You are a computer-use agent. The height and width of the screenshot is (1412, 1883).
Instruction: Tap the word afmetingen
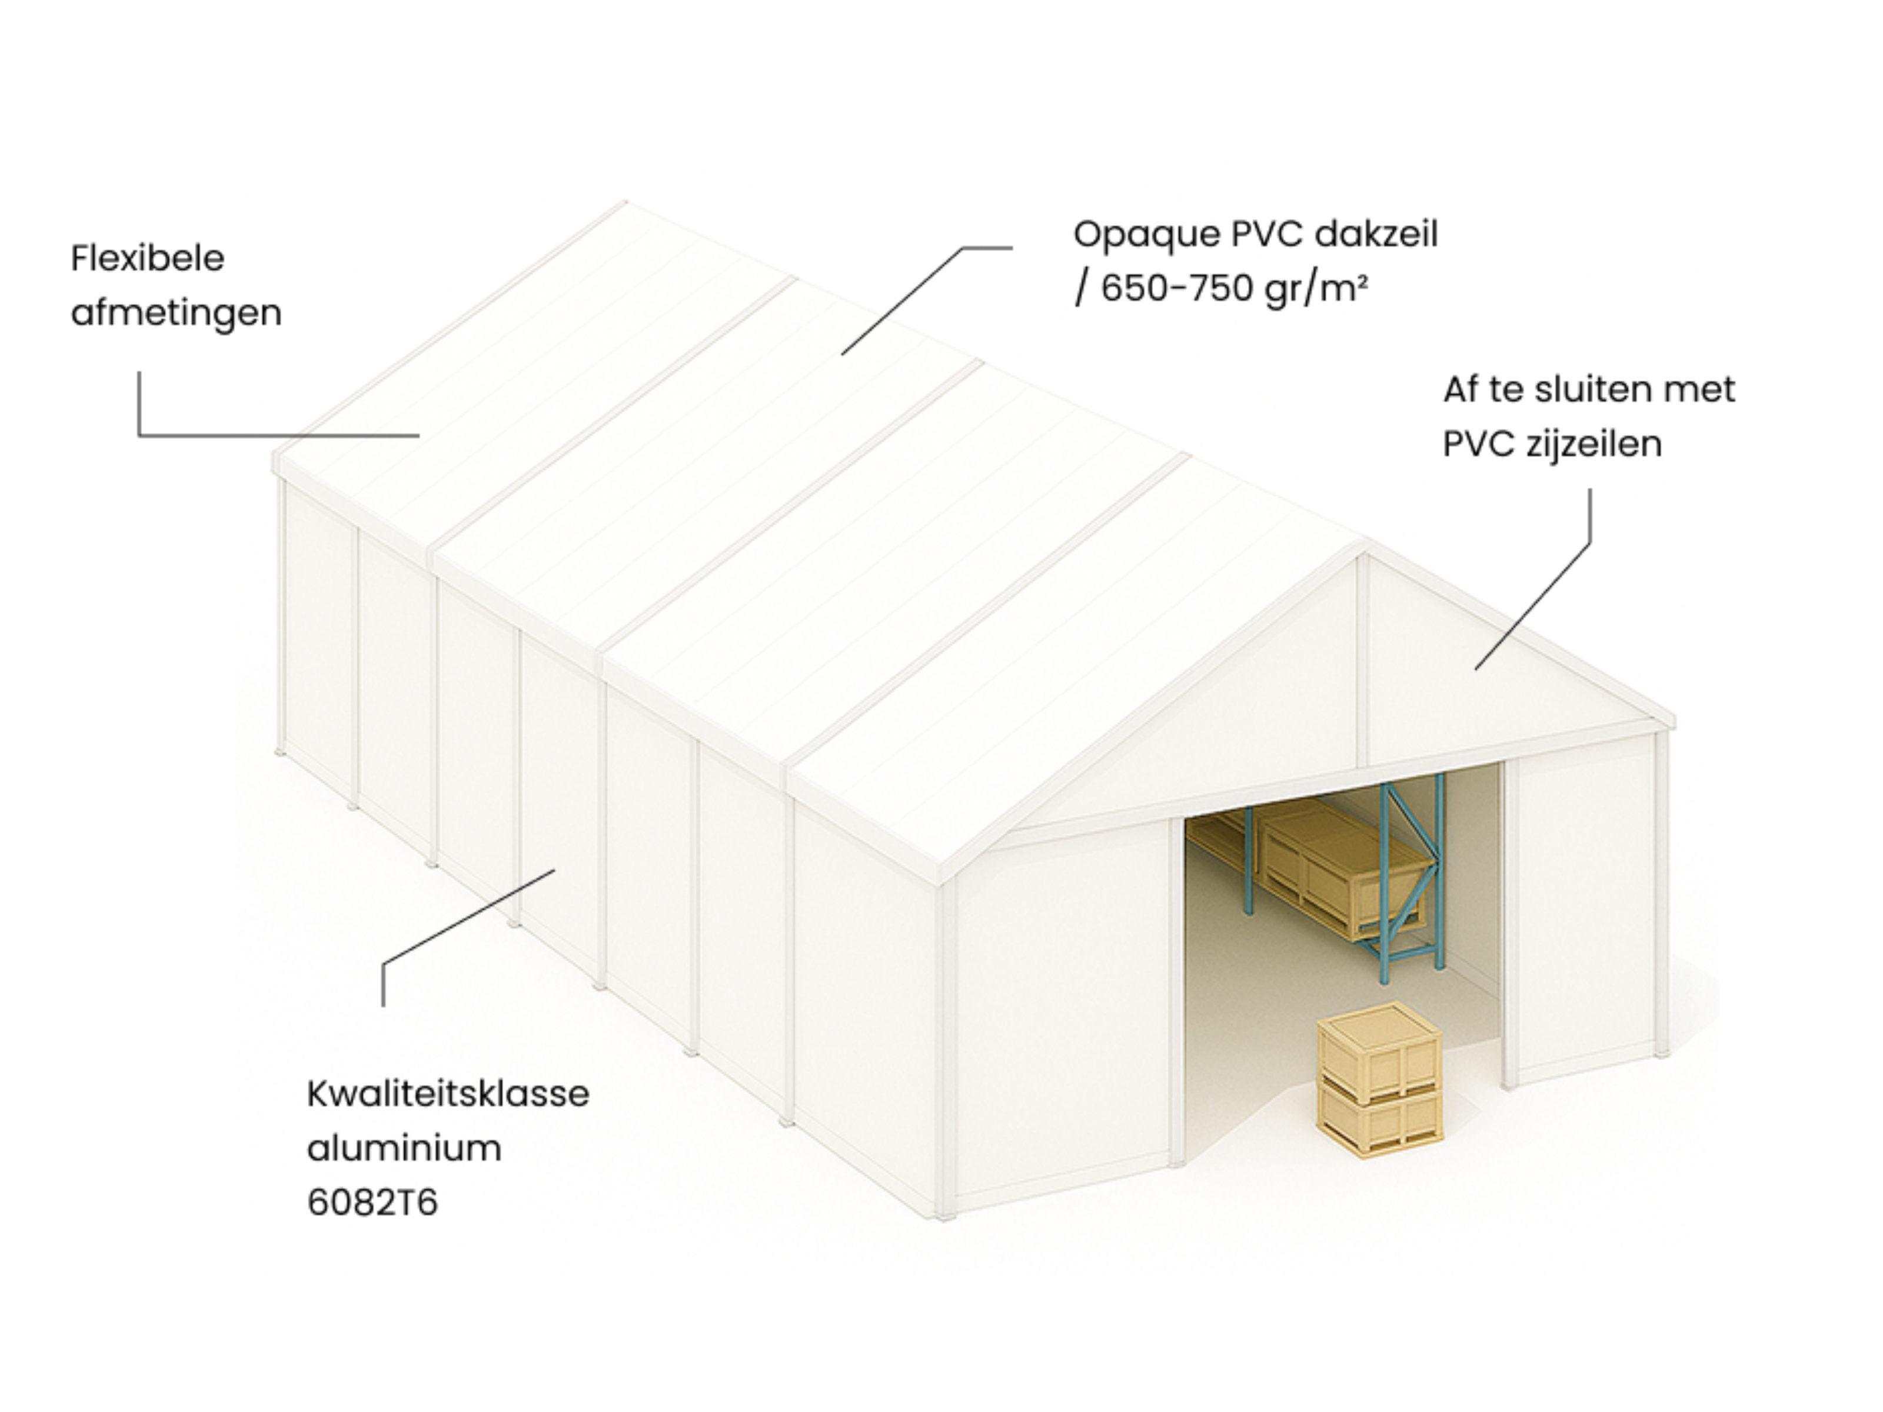click(x=176, y=313)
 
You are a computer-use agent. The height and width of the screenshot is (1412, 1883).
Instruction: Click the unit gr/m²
click(x=1316, y=290)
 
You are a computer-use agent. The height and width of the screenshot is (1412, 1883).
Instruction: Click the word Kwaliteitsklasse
click(x=448, y=1094)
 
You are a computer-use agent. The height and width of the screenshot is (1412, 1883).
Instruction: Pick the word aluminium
click(x=404, y=1148)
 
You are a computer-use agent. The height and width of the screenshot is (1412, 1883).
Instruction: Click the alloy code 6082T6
click(x=372, y=1203)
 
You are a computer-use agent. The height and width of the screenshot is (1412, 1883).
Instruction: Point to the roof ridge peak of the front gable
click(x=1362, y=545)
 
